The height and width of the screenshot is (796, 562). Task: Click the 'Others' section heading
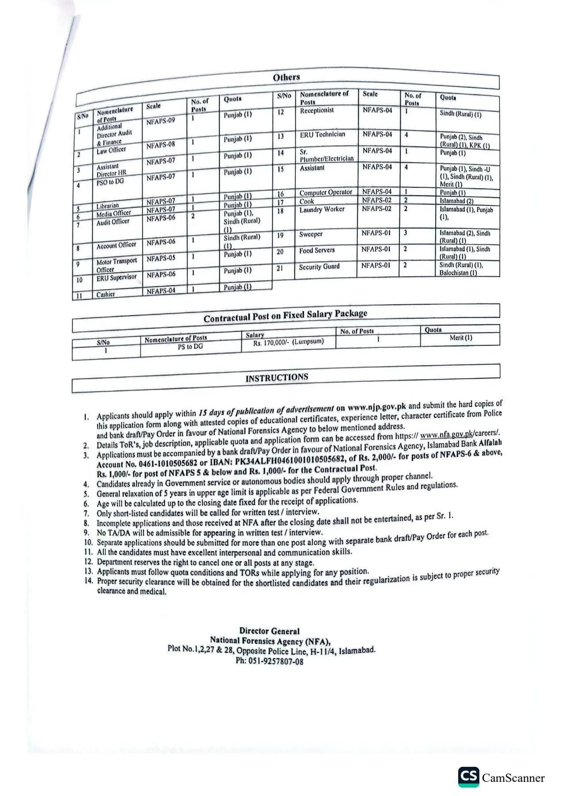click(x=286, y=77)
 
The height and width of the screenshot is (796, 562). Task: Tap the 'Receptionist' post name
click(x=317, y=111)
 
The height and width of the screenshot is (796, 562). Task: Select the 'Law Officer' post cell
click(x=111, y=150)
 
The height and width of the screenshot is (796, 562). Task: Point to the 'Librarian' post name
click(x=107, y=206)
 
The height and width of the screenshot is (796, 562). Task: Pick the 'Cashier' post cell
click(x=106, y=295)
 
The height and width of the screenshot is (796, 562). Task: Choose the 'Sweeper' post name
click(x=311, y=234)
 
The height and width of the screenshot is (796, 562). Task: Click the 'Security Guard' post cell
click(x=319, y=267)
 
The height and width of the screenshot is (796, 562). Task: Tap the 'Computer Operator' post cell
click(x=326, y=193)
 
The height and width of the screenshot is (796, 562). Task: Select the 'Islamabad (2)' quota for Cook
click(x=456, y=201)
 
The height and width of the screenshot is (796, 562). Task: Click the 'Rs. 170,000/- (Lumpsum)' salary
click(x=289, y=342)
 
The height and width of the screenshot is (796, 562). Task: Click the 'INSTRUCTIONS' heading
click(x=277, y=378)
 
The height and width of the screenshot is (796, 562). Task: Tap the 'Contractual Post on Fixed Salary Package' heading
click(x=285, y=316)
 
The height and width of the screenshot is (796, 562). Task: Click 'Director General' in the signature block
click(x=269, y=631)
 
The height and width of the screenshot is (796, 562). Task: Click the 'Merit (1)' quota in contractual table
click(x=461, y=338)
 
